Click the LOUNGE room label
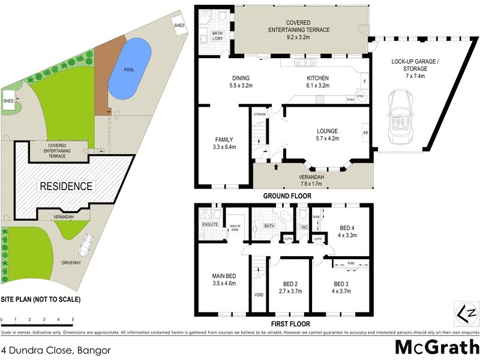tap(328, 131)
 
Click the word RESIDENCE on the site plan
tap(66, 186)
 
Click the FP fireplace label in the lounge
tap(365, 133)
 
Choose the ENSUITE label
tap(210, 225)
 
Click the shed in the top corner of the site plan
tap(179, 25)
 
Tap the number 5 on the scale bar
tap(73, 320)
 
